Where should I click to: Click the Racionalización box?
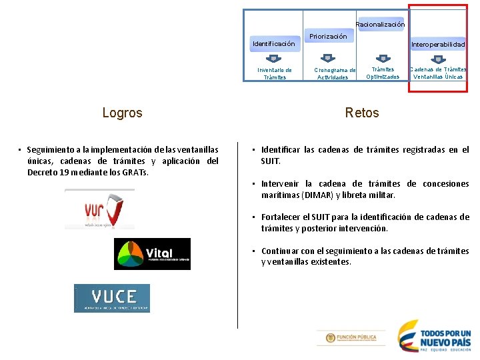click(380, 25)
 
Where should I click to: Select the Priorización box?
click(328, 37)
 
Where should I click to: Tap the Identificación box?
click(273, 44)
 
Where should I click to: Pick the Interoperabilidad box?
click(438, 44)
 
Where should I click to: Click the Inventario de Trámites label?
click(274, 73)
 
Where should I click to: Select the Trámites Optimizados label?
click(383, 73)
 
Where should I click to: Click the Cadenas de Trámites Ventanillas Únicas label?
click(438, 73)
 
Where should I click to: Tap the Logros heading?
click(122, 113)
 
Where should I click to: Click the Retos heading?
click(362, 113)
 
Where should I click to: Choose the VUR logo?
click(99, 209)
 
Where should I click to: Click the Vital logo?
click(152, 254)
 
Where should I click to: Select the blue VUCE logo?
click(112, 298)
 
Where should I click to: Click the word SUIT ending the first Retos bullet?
click(271, 161)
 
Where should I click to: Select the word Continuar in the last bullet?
click(280, 251)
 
